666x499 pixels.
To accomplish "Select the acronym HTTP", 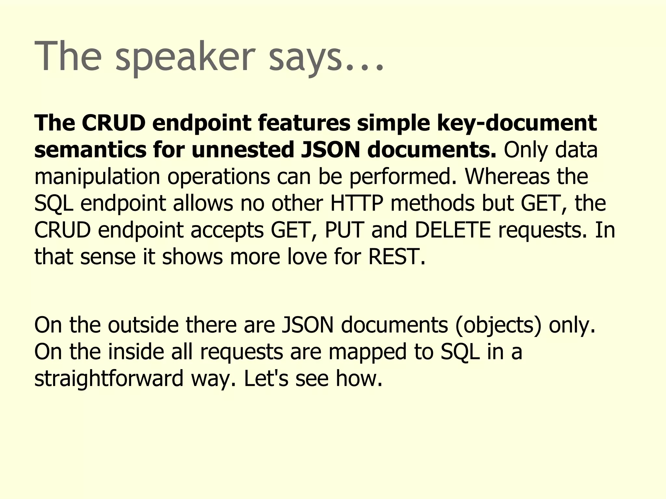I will [x=356, y=203].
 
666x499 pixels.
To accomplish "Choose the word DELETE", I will [x=453, y=230].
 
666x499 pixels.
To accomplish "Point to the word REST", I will [x=396, y=257].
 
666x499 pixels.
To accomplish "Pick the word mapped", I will [x=367, y=352].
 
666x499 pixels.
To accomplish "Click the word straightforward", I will [x=109, y=379].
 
